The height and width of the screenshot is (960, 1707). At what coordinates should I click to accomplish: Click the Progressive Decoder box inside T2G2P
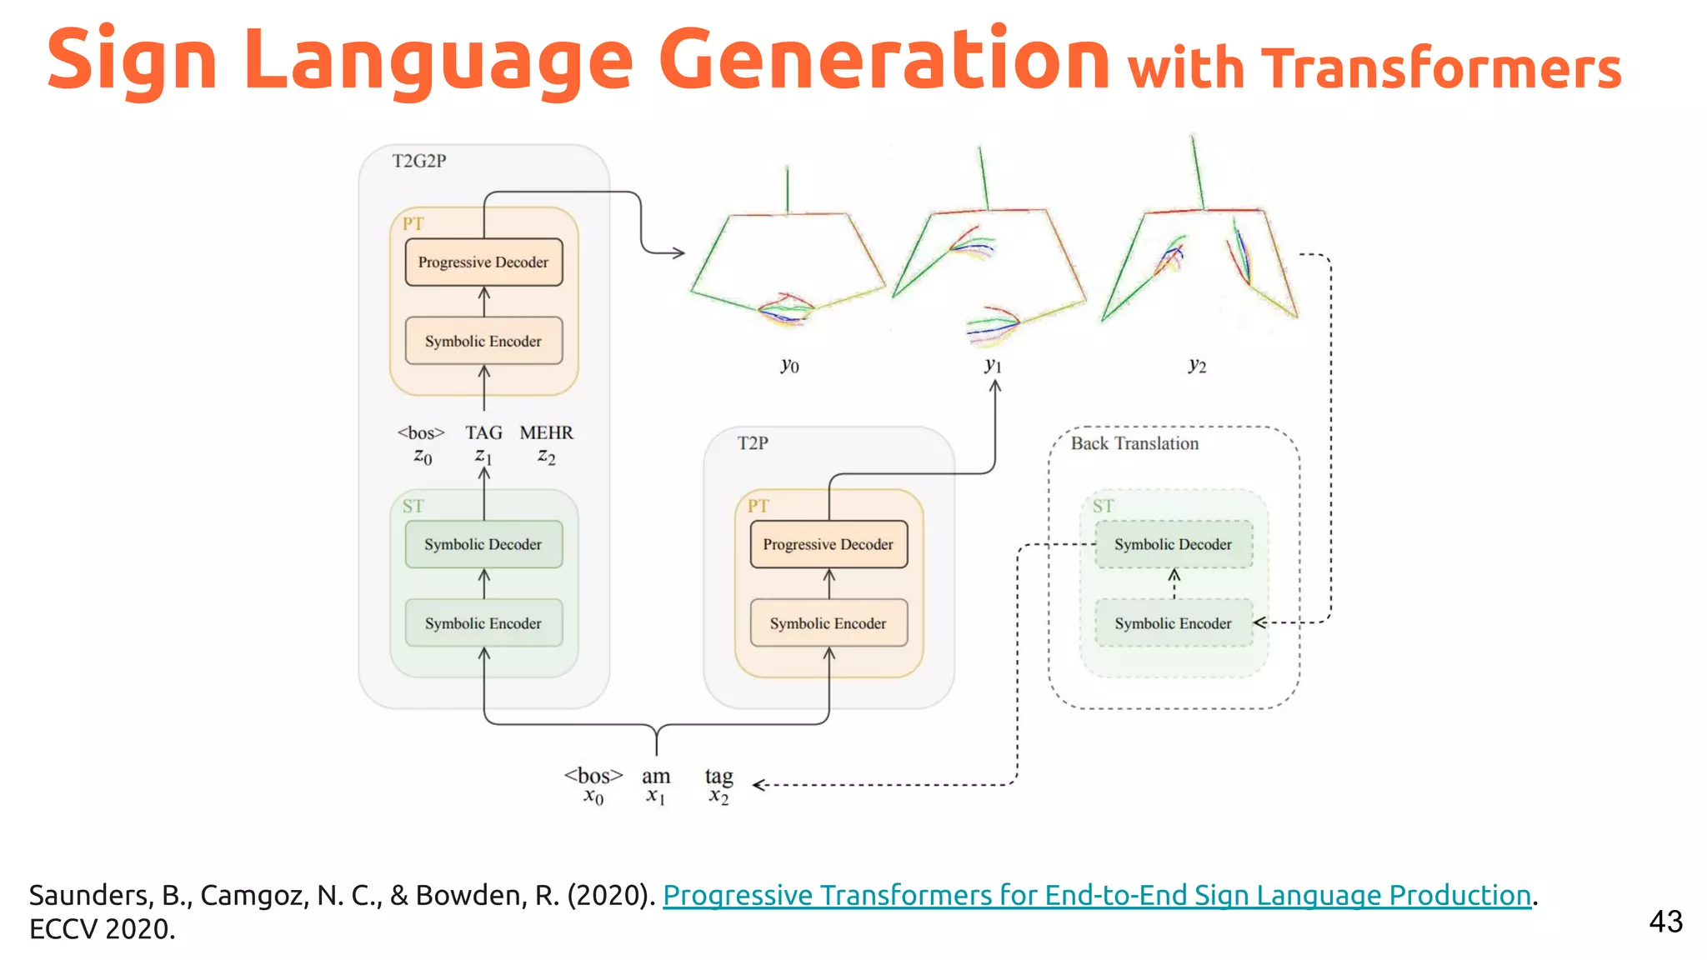483,262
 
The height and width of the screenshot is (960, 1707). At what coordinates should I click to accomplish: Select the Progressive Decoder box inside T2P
828,544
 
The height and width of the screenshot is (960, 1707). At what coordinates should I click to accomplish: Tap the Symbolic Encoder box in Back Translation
1173,623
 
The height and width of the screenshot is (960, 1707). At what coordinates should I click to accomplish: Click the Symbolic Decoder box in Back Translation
1173,544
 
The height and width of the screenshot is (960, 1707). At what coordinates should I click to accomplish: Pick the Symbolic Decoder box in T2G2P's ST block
483,544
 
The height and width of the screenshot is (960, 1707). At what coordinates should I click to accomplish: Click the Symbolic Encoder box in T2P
828,623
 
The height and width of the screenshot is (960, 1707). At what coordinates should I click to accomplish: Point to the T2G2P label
419,161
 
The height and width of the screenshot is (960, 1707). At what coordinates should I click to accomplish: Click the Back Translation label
1134,443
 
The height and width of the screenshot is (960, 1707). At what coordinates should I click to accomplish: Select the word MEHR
546,432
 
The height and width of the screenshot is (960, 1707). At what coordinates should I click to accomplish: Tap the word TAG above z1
483,432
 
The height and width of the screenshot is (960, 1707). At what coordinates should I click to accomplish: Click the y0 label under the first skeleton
789,365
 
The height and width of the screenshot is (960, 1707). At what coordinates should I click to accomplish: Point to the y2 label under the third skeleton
1197,365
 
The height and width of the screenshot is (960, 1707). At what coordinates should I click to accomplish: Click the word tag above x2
718,777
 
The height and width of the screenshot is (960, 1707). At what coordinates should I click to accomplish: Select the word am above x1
656,777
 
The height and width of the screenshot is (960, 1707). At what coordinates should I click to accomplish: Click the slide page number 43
1665,922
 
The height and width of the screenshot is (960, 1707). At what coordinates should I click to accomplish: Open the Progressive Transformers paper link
1097,895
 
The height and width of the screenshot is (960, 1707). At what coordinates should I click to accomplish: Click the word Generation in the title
884,60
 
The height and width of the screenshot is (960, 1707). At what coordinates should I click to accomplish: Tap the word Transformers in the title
1441,68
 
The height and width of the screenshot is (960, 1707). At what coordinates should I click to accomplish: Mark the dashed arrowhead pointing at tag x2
758,785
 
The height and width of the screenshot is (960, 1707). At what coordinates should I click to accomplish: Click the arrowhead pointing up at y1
995,387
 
